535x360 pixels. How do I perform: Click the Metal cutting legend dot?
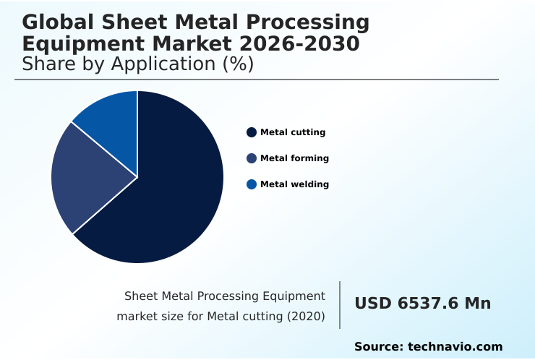point(252,132)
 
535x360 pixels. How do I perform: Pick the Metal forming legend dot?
point(252,158)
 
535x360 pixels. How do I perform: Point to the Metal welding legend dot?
point(252,184)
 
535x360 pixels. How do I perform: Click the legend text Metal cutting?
point(293,132)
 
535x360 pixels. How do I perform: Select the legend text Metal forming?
point(294,158)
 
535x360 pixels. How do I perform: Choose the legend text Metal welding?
point(294,184)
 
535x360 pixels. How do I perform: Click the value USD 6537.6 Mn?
point(422,304)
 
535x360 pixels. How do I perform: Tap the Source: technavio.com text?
point(428,347)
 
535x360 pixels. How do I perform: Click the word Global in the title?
point(58,24)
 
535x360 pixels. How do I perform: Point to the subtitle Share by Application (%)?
point(137,64)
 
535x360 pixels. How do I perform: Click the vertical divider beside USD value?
point(340,305)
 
